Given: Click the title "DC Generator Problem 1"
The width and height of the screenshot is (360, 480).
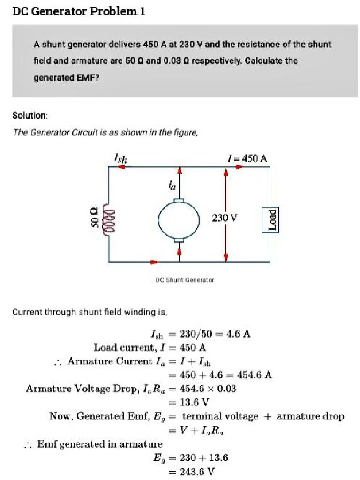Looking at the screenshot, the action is pos(79,11).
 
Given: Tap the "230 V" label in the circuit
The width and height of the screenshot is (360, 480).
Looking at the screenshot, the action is pos(225,217).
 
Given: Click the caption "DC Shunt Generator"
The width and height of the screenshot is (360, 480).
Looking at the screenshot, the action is pos(184,280).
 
